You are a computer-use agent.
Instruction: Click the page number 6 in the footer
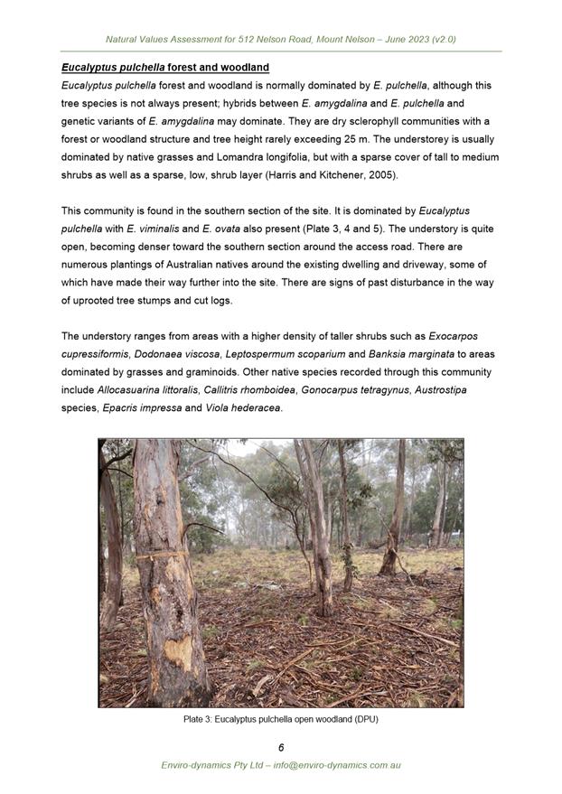click(x=281, y=747)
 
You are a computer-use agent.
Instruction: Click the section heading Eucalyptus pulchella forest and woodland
click(x=164, y=68)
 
